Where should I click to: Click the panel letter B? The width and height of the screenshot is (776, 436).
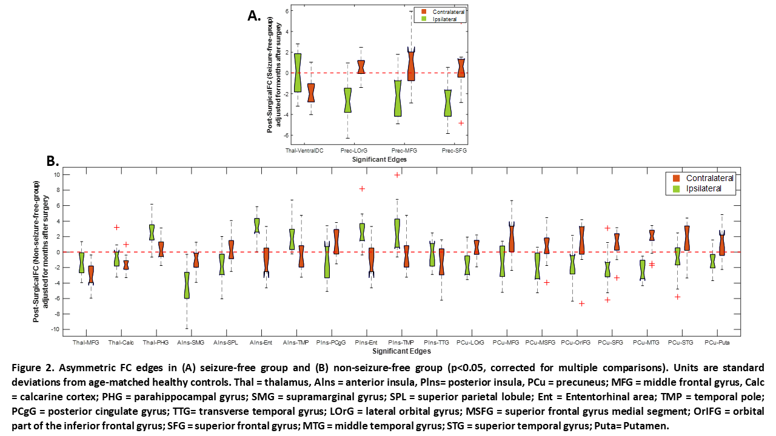53,160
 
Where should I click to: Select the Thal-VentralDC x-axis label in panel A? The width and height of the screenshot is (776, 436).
304,150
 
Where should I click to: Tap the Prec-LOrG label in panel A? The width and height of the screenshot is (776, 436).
354,150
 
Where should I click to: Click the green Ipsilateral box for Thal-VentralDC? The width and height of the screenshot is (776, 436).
298,73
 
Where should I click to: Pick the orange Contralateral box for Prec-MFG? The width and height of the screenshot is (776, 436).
411,65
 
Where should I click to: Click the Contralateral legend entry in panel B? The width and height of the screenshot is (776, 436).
709,178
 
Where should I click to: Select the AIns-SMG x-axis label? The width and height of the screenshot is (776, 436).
191,342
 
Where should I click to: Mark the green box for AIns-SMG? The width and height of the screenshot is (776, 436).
187,285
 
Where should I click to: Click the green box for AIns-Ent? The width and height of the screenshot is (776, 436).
257,225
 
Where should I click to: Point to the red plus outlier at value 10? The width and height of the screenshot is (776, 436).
397,175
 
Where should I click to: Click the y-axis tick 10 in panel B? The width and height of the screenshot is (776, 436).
56,174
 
